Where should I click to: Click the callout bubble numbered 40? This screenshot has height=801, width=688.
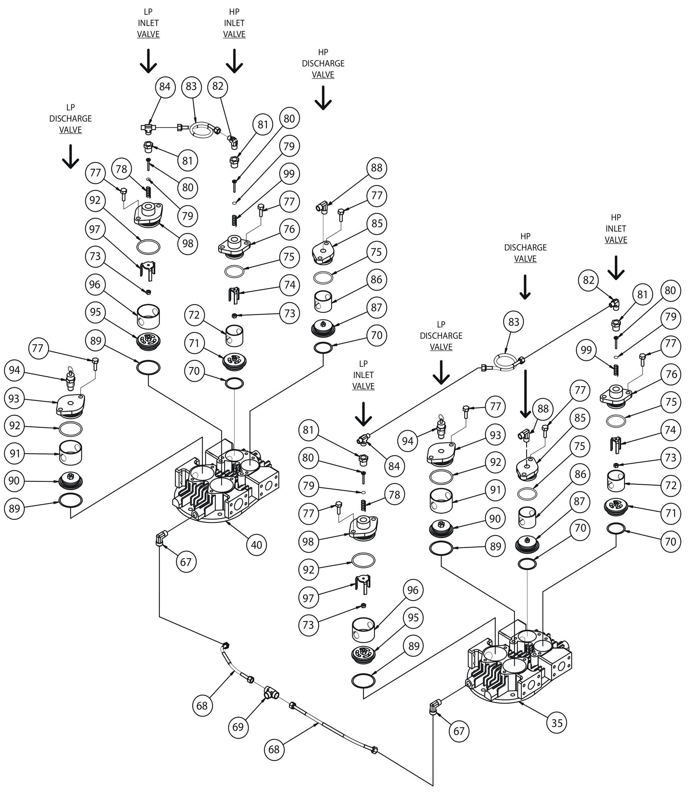[x=256, y=545]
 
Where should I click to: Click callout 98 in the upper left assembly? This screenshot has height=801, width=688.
[x=187, y=243]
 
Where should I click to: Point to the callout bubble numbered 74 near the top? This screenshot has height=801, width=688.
[x=289, y=285]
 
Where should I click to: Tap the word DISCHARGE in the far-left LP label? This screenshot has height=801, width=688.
[x=70, y=118]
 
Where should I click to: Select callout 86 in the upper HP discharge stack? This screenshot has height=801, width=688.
[x=376, y=279]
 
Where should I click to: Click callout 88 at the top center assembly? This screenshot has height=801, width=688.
[x=376, y=167]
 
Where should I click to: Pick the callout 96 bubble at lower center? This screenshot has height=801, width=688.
[x=413, y=590]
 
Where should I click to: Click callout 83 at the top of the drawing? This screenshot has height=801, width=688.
[x=191, y=86]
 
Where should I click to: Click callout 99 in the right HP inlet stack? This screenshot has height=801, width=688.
[x=586, y=350]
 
